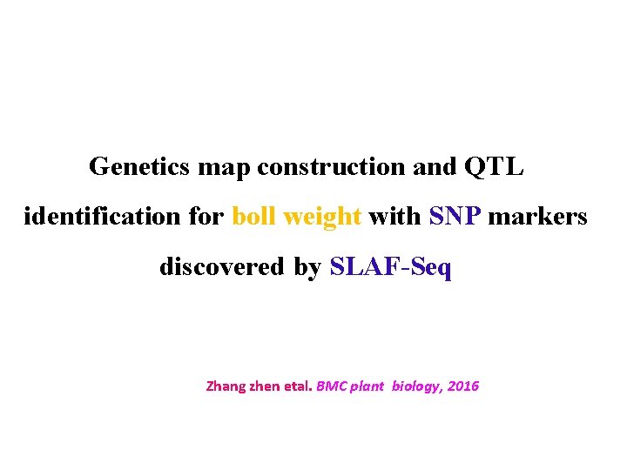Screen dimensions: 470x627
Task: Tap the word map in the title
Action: point(224,166)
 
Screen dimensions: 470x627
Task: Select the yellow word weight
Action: point(317,217)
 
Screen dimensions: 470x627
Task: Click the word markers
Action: point(537,216)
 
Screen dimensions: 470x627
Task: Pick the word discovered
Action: point(222,266)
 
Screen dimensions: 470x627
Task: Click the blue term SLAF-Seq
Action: point(391,266)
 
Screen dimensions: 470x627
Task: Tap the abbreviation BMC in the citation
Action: point(333,386)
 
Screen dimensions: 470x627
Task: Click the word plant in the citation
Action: point(367,386)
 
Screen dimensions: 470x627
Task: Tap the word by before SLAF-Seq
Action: point(307,267)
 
